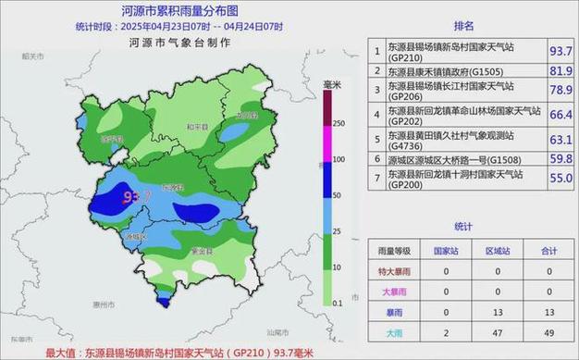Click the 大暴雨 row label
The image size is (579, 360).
tap(394, 292)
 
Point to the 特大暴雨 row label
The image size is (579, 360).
tap(394, 271)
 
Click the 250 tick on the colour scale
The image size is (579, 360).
tap(339, 123)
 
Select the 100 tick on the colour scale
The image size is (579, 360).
tap(339, 159)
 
